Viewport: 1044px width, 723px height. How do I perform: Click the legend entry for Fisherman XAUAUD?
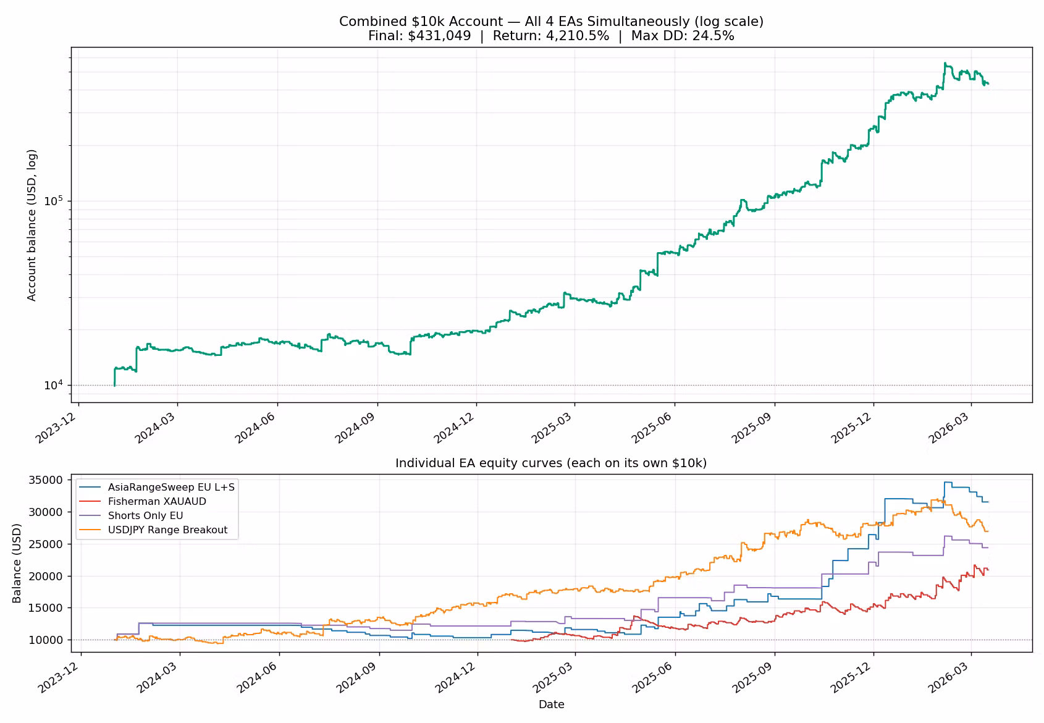pyautogui.click(x=157, y=502)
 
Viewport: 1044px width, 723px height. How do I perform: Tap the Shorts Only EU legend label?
pyautogui.click(x=145, y=515)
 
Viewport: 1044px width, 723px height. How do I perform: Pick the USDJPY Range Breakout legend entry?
pyautogui.click(x=168, y=530)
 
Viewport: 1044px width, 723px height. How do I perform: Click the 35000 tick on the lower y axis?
pyautogui.click(x=46, y=480)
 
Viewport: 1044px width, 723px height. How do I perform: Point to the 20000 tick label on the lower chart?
pyautogui.click(x=46, y=576)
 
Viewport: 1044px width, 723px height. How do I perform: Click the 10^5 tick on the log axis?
pyautogui.click(x=53, y=200)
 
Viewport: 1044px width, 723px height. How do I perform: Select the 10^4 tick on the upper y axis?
pyautogui.click(x=53, y=385)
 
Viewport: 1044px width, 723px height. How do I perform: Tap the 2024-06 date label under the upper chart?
pyautogui.click(x=255, y=428)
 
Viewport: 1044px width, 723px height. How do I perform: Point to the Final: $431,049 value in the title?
pyautogui.click(x=419, y=36)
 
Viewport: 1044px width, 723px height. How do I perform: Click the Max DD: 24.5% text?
pyautogui.click(x=683, y=36)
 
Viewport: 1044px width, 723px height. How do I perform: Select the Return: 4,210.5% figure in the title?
pyautogui.click(x=551, y=36)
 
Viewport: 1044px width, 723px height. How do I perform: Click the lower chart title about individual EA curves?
pyautogui.click(x=551, y=463)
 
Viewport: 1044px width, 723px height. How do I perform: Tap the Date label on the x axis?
pyautogui.click(x=552, y=704)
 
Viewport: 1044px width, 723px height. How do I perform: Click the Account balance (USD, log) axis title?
pyautogui.click(x=32, y=225)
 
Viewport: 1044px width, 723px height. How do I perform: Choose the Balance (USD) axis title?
pyautogui.click(x=17, y=563)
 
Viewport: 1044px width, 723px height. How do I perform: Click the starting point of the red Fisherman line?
pyautogui.click(x=511, y=640)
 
